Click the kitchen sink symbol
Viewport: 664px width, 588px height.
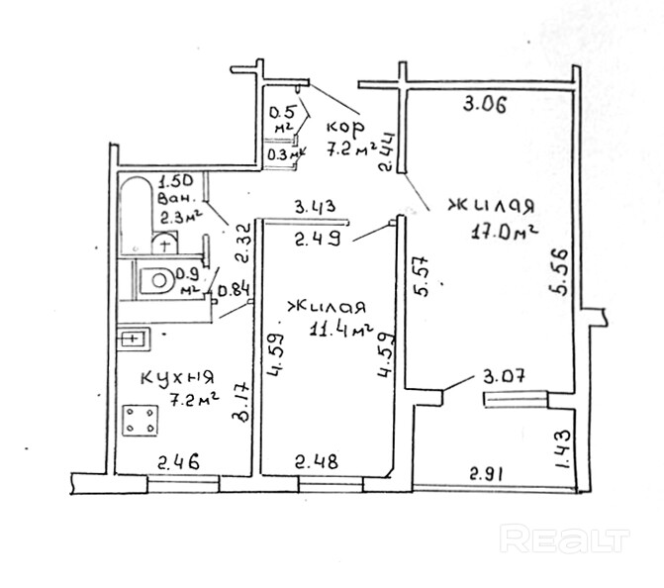click(x=133, y=340)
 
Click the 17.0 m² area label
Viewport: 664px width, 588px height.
click(x=505, y=235)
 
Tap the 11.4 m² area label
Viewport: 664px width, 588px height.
click(x=342, y=330)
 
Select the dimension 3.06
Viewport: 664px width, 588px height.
click(x=486, y=105)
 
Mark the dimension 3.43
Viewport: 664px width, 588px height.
click(x=316, y=206)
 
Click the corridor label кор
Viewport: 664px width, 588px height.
click(x=345, y=128)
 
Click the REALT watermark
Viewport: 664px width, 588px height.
click(x=565, y=539)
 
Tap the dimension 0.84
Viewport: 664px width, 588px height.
click(x=235, y=290)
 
